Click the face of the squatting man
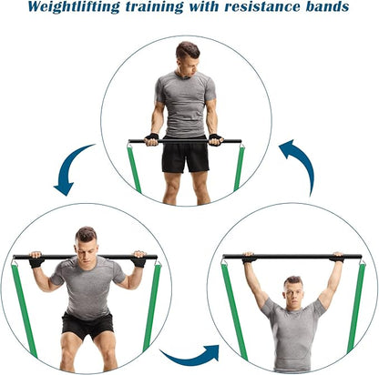[86, 248]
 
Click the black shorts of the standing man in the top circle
[185, 156]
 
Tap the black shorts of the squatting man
[87, 324]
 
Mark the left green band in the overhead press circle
[233, 309]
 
